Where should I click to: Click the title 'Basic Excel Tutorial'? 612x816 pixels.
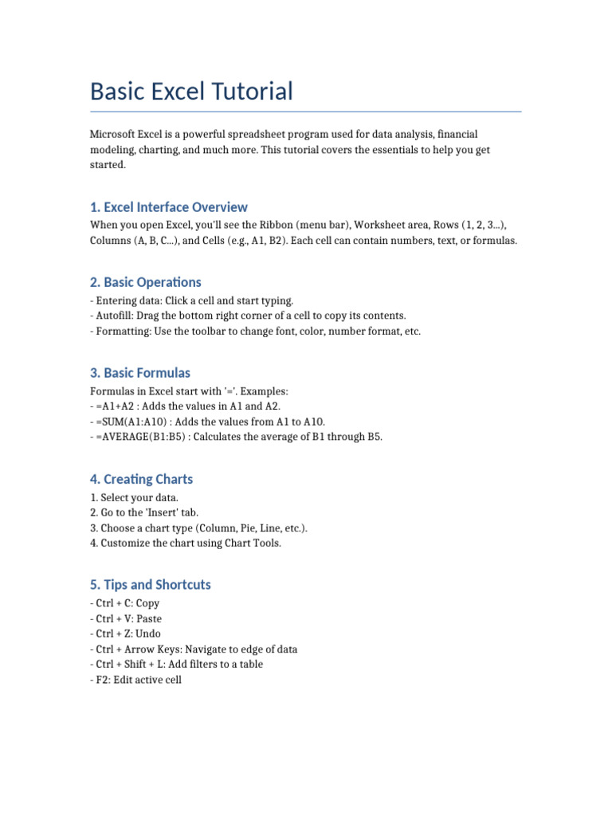coord(191,92)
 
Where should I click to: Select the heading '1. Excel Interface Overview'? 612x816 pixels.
coord(169,207)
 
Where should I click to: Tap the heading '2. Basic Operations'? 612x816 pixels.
coord(146,282)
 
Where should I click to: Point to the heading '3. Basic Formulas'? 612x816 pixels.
coord(140,373)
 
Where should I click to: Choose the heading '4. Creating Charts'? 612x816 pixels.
coord(142,479)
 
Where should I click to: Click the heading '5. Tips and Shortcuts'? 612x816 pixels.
coord(151,585)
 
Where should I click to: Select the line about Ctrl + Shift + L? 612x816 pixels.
coord(176,665)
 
